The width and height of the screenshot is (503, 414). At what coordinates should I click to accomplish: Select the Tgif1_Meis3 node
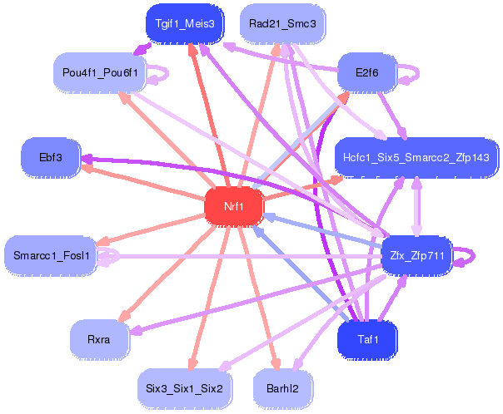184,24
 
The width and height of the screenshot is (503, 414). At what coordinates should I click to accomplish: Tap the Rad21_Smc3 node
282,24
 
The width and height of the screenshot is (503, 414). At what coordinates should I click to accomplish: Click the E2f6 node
366,73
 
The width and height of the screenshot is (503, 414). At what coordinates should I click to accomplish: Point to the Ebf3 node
51,156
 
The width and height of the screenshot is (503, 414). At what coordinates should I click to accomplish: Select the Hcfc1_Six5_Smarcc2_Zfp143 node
416,156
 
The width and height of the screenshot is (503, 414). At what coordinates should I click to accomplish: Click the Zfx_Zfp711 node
415,256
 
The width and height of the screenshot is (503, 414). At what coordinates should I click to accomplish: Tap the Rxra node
100,339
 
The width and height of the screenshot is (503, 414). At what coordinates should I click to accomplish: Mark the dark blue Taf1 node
366,339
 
